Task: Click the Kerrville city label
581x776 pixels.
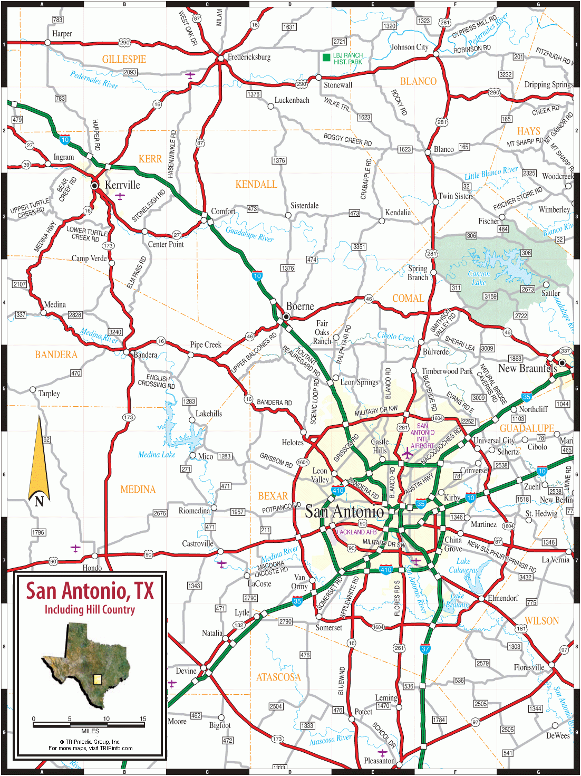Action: point(122,185)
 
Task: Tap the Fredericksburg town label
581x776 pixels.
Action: point(249,57)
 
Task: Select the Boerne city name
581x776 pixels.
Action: point(300,306)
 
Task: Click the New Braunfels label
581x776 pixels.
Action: point(527,368)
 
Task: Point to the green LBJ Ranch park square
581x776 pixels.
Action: point(326,57)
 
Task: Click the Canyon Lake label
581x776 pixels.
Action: point(479,278)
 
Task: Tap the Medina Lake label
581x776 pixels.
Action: point(156,455)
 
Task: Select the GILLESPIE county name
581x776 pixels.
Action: point(124,60)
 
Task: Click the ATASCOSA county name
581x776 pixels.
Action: point(278,677)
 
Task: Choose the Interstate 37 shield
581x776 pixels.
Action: point(425,649)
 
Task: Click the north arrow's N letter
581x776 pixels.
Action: point(39,501)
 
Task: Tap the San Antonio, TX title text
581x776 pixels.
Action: point(90,591)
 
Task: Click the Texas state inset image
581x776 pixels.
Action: point(87,665)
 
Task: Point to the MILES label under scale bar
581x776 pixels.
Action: point(90,731)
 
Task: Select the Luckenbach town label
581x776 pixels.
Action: point(292,100)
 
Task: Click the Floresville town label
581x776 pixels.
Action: point(529,667)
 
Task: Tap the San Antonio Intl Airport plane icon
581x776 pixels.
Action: point(407,453)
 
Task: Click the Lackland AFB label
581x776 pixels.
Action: point(356,532)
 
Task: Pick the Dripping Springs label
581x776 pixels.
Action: point(548,84)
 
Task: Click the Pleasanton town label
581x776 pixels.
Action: point(379,761)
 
